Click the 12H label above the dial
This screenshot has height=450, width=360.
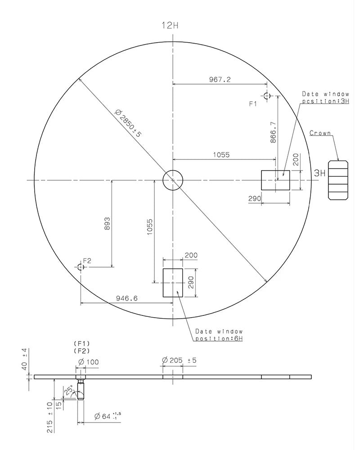[170, 26]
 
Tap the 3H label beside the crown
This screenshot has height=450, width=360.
[319, 173]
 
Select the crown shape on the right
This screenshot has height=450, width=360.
[338, 180]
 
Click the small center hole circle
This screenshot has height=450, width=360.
[173, 180]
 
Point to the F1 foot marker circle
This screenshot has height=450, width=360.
[267, 96]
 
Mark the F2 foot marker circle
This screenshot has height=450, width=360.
[81, 267]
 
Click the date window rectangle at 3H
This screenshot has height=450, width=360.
[275, 180]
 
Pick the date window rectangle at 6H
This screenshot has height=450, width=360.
[173, 283]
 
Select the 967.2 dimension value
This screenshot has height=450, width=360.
[220, 80]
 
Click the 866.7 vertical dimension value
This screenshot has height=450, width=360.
[273, 132]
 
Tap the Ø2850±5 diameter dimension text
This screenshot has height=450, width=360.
[128, 123]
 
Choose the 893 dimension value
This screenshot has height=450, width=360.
[107, 224]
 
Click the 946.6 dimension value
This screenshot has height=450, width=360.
[126, 298]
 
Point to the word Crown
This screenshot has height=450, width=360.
[320, 133]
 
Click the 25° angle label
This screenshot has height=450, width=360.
[69, 391]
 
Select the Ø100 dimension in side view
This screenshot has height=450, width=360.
[89, 362]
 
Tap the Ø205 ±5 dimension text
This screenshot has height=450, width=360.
[179, 360]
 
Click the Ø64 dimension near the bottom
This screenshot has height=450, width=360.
[108, 416]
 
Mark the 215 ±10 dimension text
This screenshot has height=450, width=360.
[49, 417]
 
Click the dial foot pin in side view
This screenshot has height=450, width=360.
[81, 389]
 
